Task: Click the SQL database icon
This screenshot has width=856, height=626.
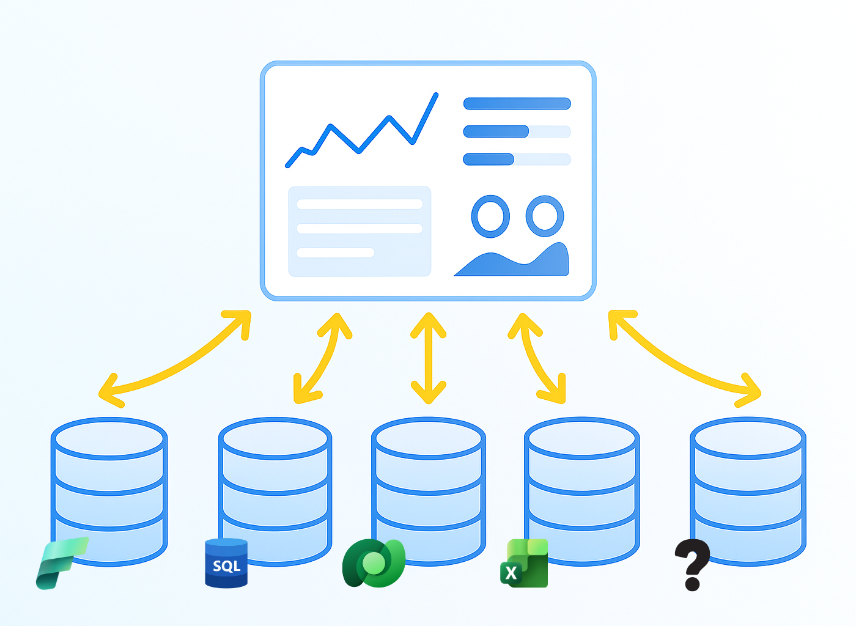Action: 226,564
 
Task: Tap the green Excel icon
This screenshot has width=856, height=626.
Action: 525,564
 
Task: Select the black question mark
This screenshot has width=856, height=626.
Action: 692,564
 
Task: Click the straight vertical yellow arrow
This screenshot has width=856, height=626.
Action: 429,358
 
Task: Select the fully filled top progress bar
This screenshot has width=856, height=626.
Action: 517,104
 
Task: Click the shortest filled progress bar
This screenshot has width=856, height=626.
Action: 489,160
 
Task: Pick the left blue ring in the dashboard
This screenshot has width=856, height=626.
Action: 490,216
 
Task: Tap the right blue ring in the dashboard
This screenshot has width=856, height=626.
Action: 545,216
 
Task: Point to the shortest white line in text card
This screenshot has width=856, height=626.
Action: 335,252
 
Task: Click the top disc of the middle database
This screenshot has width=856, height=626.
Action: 429,438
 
